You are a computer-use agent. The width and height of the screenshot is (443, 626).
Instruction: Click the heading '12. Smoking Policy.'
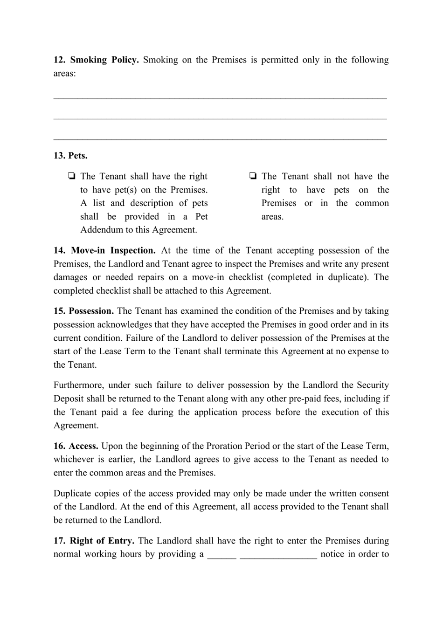96,60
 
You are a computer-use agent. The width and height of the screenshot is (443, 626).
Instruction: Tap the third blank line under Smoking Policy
220,138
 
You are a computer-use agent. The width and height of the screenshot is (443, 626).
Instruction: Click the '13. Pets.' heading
70,156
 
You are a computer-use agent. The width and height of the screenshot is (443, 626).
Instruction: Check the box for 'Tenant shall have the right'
72,177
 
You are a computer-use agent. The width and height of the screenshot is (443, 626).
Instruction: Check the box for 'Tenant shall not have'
253,177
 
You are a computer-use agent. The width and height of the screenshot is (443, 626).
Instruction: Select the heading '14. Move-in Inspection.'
104,251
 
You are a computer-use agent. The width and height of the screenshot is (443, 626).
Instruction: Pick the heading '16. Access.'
76,446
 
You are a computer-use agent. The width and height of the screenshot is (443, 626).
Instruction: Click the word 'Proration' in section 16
226,446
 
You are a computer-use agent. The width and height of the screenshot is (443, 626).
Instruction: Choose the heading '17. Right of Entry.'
94,541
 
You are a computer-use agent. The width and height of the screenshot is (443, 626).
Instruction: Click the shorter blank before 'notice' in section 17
221,555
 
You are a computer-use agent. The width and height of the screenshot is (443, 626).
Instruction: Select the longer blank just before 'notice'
278,555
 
